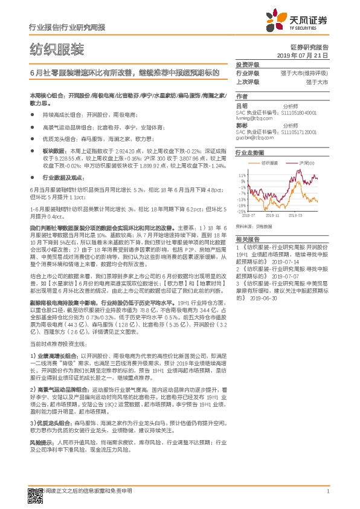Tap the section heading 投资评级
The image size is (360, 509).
click(247, 65)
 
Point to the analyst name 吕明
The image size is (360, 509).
click(242, 105)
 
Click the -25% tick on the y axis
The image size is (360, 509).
click(241, 211)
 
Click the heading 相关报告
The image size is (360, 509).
click(247, 239)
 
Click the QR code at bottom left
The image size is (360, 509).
click(34, 493)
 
